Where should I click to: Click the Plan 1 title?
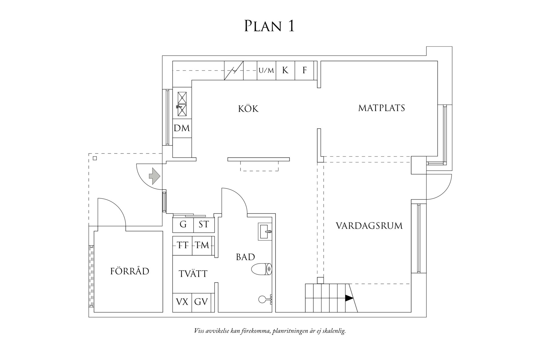[x=269, y=26]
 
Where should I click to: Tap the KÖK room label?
[x=248, y=109]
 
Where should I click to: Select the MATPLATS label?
[x=381, y=108]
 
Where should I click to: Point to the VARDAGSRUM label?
[x=369, y=226]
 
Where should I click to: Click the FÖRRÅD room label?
[x=130, y=271]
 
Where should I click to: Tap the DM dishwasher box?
[x=182, y=128]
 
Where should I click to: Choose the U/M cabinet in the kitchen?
[x=266, y=71]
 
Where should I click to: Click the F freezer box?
[x=304, y=70]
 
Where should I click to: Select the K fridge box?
[x=285, y=70]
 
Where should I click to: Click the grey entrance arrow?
[x=154, y=176]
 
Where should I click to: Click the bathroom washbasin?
[x=265, y=232]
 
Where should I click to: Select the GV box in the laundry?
[x=201, y=302]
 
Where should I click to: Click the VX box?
[x=182, y=302]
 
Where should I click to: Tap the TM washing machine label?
[x=202, y=245]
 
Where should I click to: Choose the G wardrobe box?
[x=183, y=225]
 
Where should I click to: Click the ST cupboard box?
[x=204, y=225]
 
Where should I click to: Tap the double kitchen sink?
[x=182, y=104]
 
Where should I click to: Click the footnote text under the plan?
[x=270, y=331]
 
